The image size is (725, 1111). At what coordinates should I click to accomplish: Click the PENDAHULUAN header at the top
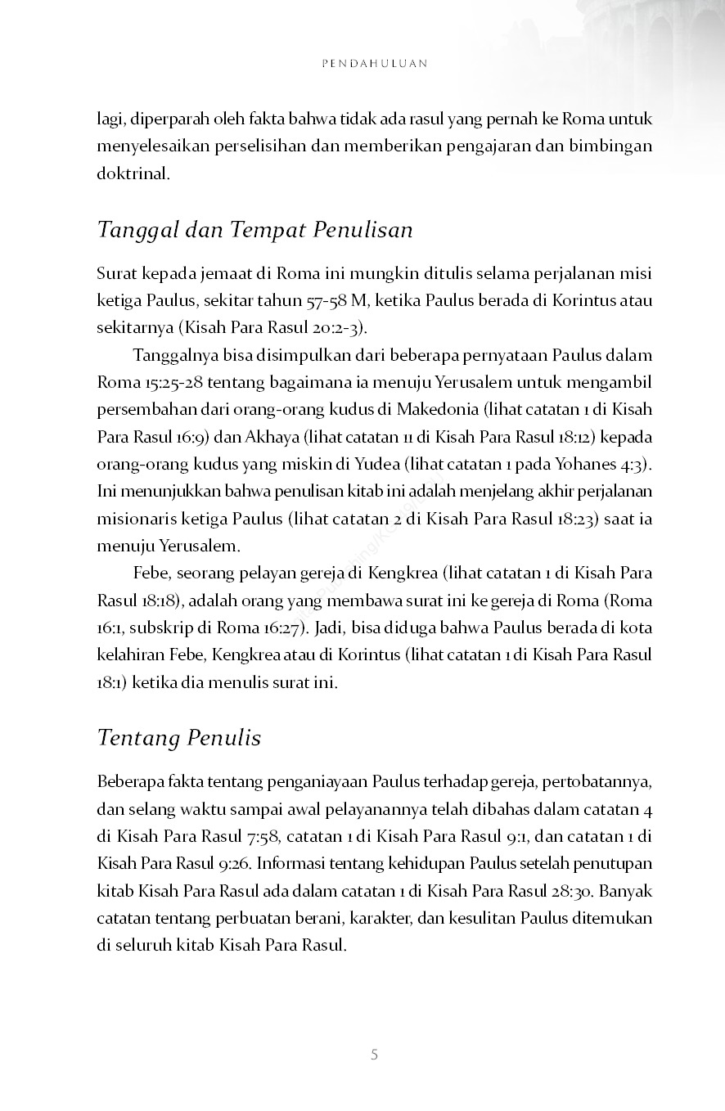click(x=374, y=63)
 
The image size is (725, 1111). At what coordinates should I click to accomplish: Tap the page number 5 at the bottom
click(x=374, y=1055)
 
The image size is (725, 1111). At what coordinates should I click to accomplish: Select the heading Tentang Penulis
click(x=178, y=738)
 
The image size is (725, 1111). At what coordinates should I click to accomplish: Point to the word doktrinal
click(x=133, y=174)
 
